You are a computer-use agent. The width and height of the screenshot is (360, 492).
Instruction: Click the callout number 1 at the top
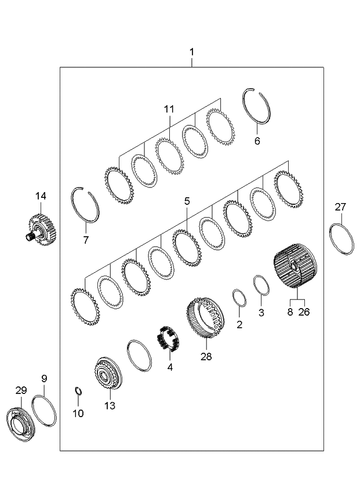(191, 52)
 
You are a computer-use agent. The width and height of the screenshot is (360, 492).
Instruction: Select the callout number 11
(169, 109)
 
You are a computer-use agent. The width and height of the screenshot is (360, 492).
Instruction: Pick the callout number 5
(187, 201)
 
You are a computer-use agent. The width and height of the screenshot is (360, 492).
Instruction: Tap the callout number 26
(304, 312)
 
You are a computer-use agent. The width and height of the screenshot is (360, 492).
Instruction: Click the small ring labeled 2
(239, 298)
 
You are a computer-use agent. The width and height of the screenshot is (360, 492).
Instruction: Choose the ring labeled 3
(261, 285)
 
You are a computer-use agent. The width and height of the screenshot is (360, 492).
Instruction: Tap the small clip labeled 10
(79, 392)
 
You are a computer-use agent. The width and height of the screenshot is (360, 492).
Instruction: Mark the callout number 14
(40, 196)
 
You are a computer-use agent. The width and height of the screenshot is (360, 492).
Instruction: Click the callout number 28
(205, 356)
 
